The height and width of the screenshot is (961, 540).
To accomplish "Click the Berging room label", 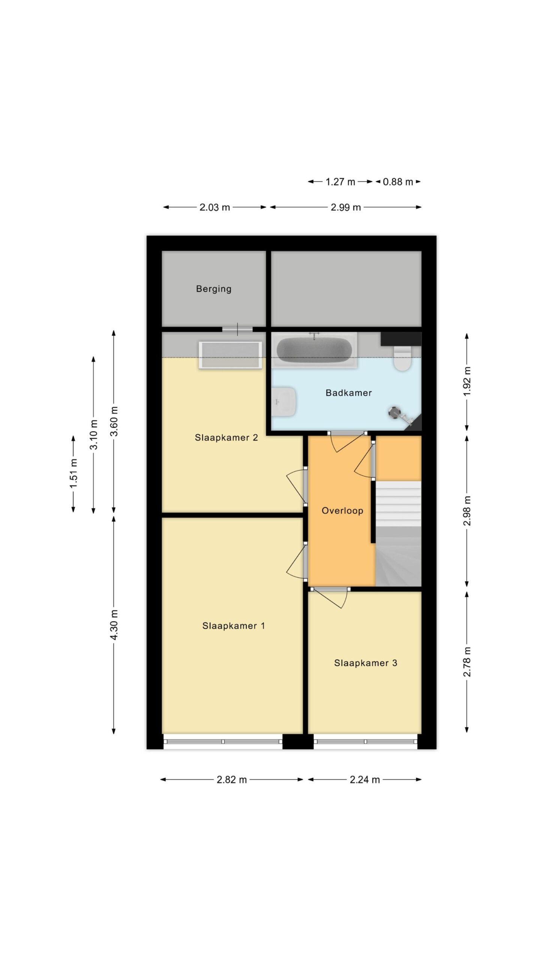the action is (x=213, y=289).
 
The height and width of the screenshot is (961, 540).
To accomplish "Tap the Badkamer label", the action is (x=348, y=393).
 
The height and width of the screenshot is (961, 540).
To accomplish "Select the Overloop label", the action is (x=342, y=511).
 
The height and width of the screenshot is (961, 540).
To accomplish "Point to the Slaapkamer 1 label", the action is (x=233, y=626).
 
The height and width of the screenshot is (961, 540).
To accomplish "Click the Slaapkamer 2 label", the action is (x=226, y=437).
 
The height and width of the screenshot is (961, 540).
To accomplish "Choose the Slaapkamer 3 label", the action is (x=365, y=663).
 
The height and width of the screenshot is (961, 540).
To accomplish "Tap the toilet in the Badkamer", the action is (x=402, y=358).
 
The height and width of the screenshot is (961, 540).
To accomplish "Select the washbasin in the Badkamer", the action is (x=284, y=402).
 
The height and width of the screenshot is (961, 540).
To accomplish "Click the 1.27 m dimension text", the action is (x=340, y=182).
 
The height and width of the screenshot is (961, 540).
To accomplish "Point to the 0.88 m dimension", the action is (x=397, y=182).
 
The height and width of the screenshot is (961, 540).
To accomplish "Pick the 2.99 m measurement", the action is (x=345, y=207).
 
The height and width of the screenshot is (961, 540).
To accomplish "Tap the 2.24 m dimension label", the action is (x=364, y=780).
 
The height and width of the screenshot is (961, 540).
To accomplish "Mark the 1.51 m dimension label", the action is (x=73, y=474).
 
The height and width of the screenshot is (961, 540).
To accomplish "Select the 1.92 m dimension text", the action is (x=467, y=381).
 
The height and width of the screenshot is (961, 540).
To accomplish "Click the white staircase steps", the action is (x=398, y=504).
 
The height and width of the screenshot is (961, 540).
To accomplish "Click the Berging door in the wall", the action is (x=237, y=329).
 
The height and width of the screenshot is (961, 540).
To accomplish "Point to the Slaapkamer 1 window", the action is (x=223, y=741).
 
